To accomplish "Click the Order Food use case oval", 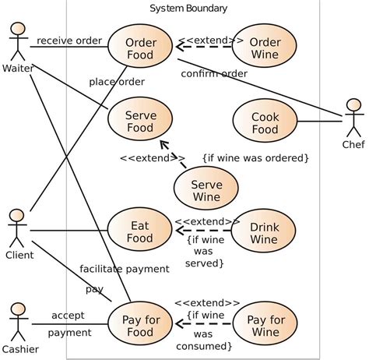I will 141,48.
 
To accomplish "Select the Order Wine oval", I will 265,48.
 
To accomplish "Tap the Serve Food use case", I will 141,122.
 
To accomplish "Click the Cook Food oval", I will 265,122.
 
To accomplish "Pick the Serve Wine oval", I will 206,190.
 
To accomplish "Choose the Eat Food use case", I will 141,231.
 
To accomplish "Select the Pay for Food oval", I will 141,326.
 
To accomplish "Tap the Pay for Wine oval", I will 265,326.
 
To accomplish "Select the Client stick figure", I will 18,227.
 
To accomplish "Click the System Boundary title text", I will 188,9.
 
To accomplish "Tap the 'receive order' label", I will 69,41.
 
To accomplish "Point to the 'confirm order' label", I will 214,74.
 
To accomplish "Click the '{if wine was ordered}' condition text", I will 255,158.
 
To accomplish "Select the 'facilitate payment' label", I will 124,269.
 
